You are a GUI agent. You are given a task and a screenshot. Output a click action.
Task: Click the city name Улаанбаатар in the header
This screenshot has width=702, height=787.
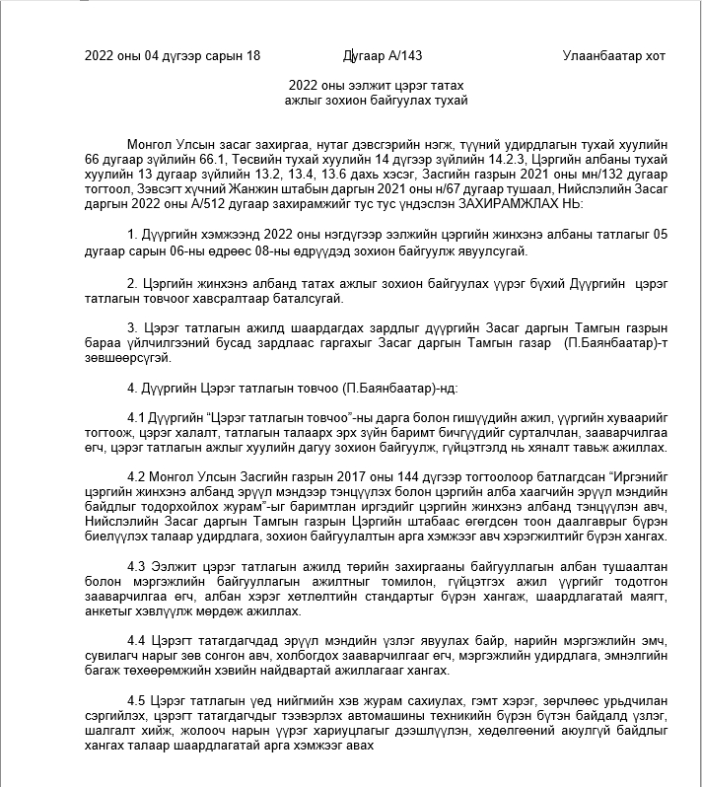click(601, 55)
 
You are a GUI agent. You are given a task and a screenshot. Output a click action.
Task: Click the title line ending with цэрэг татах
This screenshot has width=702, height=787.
click(375, 86)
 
